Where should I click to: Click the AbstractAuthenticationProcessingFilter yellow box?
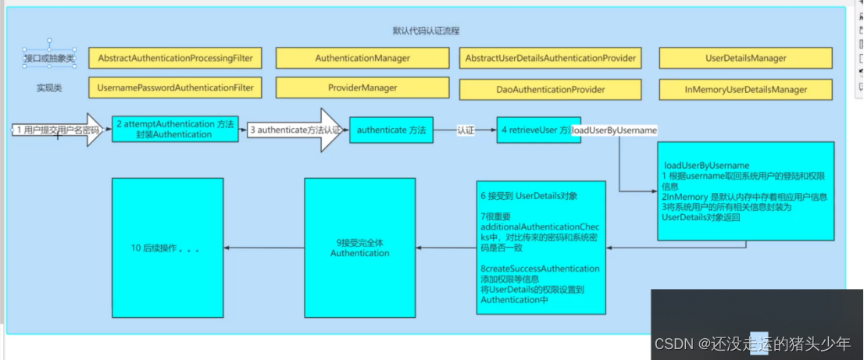tap(175, 58)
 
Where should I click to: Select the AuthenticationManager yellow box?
tap(362, 58)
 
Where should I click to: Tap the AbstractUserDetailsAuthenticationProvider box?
tap(550, 58)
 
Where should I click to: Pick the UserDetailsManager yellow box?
tap(745, 58)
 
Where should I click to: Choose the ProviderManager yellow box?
tap(362, 88)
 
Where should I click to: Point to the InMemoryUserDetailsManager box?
tap(745, 90)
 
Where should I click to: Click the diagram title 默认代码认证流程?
tap(426, 31)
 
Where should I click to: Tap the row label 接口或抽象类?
tap(51, 58)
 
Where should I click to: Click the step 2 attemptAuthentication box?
tap(175, 129)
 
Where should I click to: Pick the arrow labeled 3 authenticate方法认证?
tap(295, 130)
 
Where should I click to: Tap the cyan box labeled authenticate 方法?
tap(391, 130)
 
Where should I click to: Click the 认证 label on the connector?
tap(466, 130)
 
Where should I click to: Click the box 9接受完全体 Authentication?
tap(359, 248)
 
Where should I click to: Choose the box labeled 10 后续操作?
tap(166, 248)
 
